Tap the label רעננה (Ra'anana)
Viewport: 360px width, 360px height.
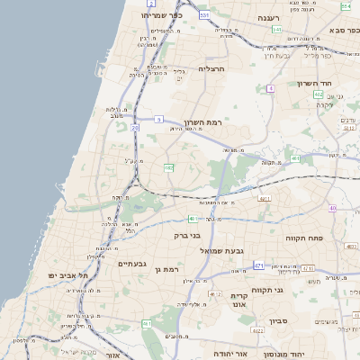coord(269,17)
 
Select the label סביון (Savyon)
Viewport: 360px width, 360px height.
coord(277,320)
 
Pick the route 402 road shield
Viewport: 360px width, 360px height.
coord(319,94)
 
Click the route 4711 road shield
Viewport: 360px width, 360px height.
coord(264,199)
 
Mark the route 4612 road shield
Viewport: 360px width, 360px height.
coord(215,293)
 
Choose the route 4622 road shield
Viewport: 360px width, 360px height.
coord(257,331)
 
